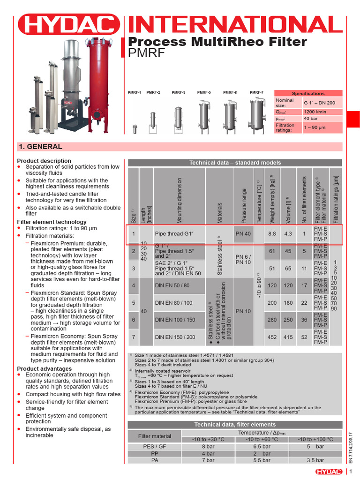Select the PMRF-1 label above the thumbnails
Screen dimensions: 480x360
135,93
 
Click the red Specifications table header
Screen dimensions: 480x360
308,93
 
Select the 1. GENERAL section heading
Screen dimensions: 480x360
40,147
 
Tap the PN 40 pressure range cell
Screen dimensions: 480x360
243,233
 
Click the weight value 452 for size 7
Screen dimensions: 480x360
272,337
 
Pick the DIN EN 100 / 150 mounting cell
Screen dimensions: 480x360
175,320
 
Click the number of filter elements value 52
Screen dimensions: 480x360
304,337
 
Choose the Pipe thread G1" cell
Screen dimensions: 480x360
174,233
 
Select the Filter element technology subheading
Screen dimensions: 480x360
52,222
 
